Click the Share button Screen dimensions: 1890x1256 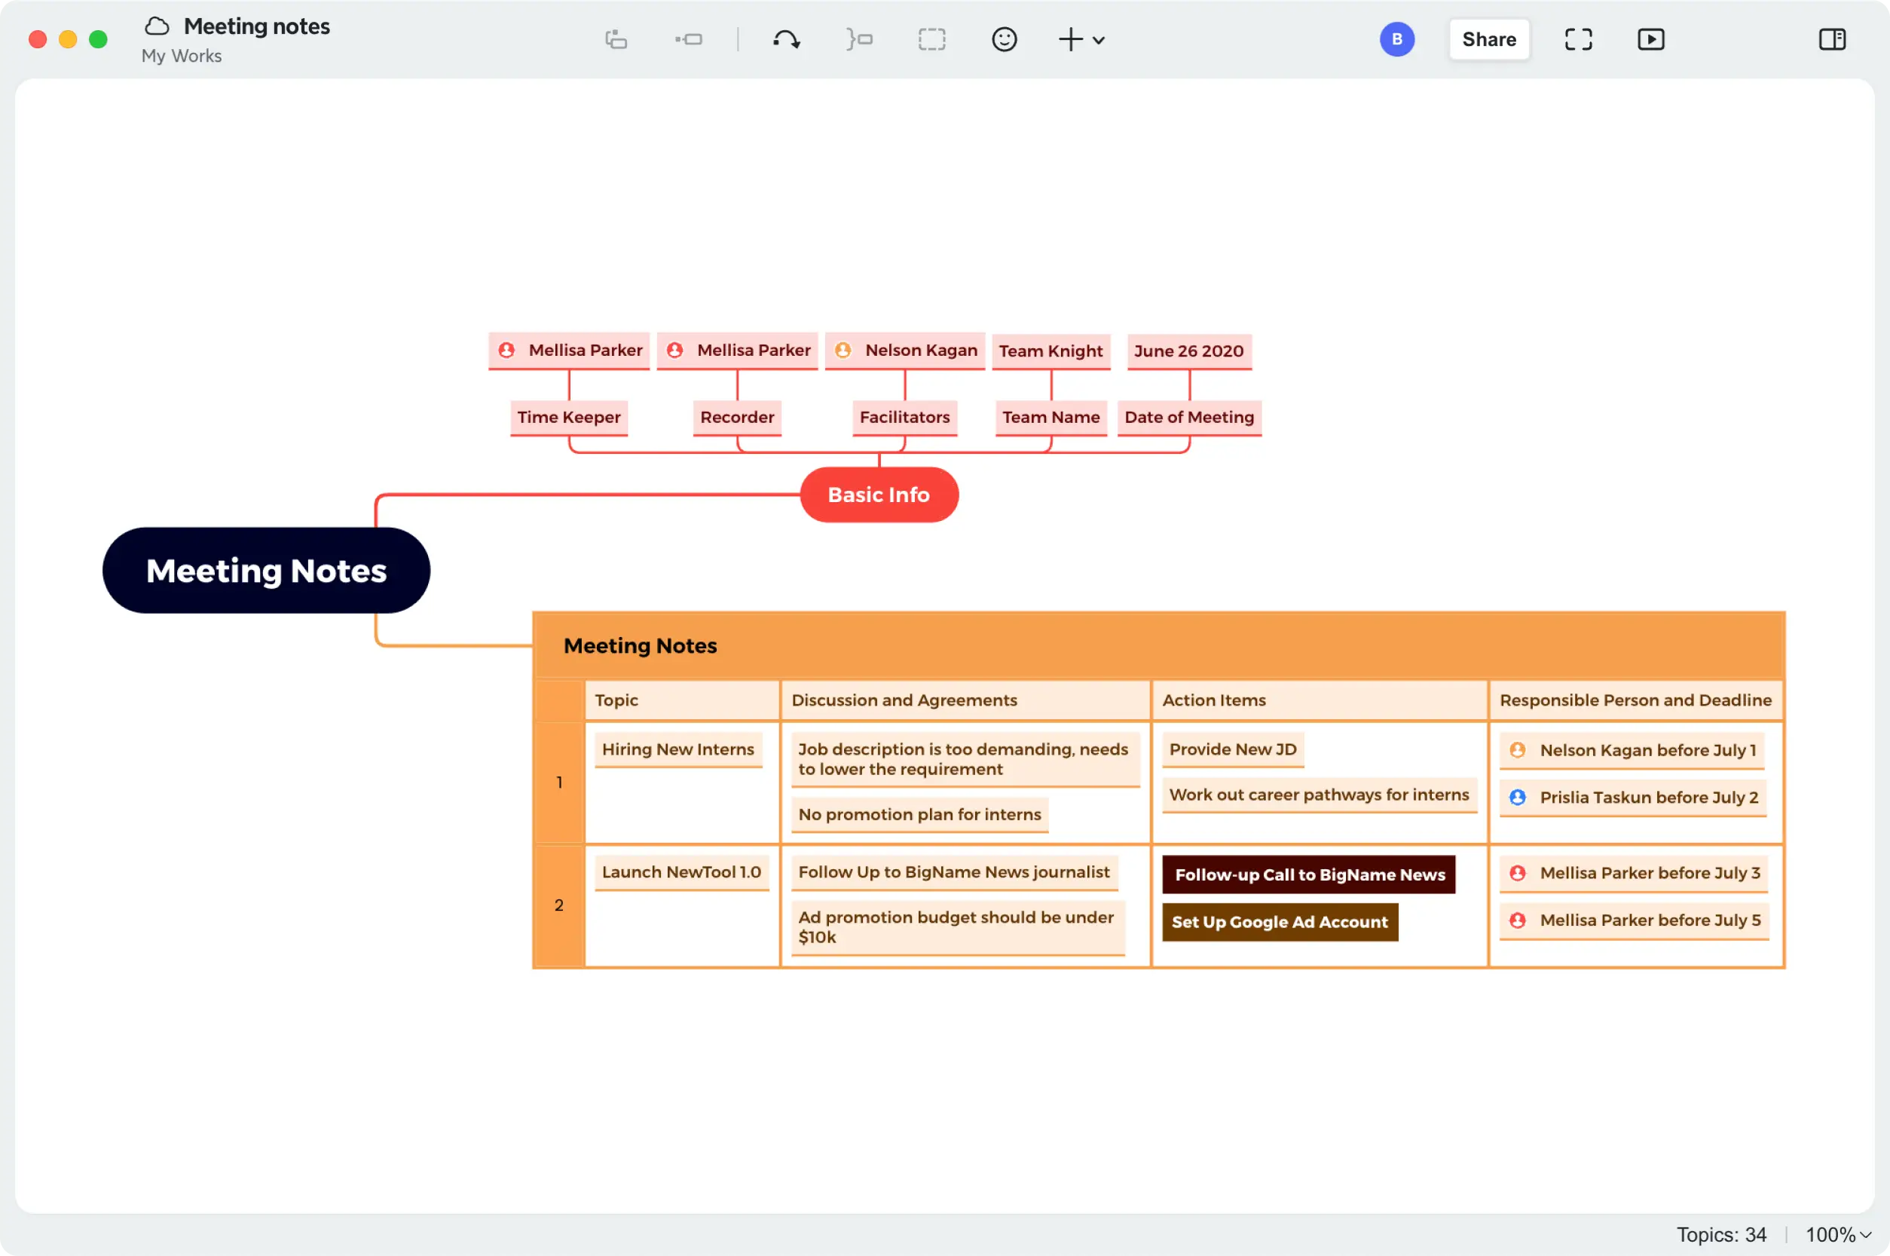click(1489, 39)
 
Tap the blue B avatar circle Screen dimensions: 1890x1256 click(1397, 39)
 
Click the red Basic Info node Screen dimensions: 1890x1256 click(879, 495)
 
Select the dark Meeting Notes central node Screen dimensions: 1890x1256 click(266, 570)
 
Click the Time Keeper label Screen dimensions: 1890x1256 click(568, 418)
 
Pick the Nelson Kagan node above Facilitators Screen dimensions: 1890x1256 click(904, 350)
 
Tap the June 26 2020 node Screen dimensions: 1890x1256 click(1188, 351)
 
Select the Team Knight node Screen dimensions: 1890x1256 click(1051, 351)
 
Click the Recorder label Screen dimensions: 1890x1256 click(736, 418)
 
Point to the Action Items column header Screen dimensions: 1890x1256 click(1213, 700)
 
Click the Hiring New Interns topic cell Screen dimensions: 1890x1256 click(678, 749)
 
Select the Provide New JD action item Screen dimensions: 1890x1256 click(1233, 749)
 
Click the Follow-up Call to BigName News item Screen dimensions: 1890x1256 click(1309, 875)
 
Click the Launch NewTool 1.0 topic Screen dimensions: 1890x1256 click(681, 872)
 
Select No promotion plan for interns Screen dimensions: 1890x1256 click(920, 815)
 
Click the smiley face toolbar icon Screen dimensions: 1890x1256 click(1004, 39)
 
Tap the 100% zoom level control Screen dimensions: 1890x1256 click(1838, 1234)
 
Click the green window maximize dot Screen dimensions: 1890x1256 click(98, 39)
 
